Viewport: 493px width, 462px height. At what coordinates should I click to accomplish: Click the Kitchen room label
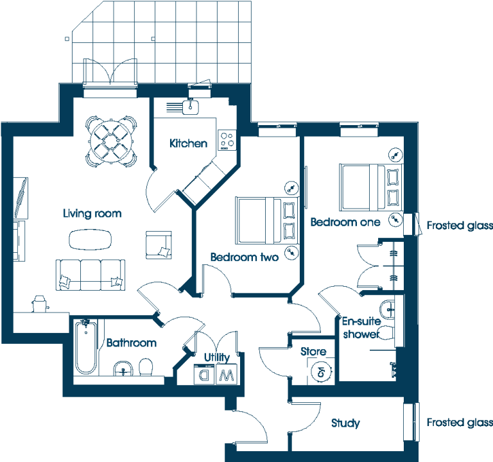click(188, 143)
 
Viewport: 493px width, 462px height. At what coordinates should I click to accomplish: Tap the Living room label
click(92, 214)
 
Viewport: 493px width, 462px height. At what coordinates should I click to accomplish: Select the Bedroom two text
click(245, 257)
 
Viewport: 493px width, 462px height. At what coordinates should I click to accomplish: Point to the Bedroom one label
click(345, 222)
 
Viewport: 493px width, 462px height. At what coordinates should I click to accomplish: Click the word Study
click(345, 423)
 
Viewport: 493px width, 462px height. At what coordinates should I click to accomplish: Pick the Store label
click(313, 352)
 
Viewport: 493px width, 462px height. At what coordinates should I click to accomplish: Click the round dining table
click(111, 142)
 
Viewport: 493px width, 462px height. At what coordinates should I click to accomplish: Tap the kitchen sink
click(190, 107)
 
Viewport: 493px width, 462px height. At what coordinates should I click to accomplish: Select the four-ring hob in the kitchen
click(227, 140)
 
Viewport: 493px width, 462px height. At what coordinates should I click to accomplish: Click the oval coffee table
click(90, 240)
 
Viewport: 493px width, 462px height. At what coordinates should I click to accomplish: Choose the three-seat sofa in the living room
click(91, 275)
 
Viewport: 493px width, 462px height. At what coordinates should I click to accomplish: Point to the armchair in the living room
click(159, 245)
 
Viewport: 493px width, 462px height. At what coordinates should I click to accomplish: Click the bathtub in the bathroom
click(85, 347)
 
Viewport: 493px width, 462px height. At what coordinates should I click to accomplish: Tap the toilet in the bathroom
click(146, 368)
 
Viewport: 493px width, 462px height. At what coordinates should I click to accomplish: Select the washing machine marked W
click(227, 374)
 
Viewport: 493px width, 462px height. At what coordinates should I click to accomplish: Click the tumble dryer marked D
click(204, 374)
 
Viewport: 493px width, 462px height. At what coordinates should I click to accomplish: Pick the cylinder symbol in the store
click(321, 372)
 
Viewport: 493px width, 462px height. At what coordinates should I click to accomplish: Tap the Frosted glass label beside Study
click(460, 423)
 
